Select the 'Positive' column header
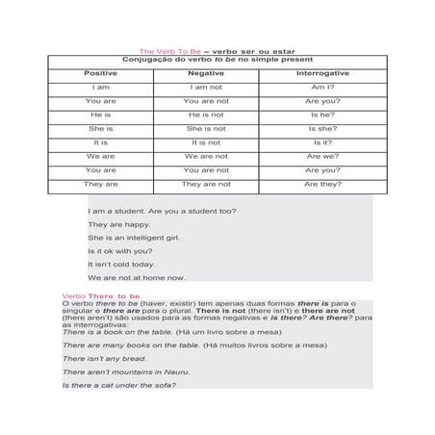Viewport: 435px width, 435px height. (101, 73)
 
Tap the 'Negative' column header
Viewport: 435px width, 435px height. (206, 73)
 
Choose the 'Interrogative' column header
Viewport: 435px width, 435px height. (322, 73)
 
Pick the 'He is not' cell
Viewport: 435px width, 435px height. (206, 114)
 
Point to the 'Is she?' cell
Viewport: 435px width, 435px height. (322, 127)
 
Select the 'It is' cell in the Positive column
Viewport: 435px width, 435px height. (101, 141)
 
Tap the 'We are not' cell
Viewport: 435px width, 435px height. (206, 155)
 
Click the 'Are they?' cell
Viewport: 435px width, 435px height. (322, 183)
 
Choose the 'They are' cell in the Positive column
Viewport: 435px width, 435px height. (101, 183)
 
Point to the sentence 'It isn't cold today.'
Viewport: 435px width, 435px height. (121, 264)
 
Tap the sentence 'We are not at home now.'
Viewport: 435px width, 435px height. (136, 277)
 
